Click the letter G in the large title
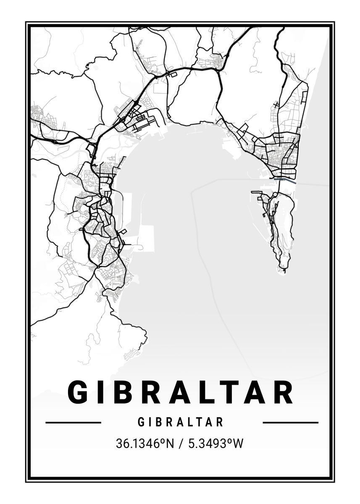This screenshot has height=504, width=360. [79, 392]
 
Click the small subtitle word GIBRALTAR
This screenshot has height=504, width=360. [180, 422]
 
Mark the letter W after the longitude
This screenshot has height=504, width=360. [238, 444]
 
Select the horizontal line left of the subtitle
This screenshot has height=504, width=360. [73, 423]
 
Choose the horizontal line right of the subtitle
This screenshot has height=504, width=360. [290, 423]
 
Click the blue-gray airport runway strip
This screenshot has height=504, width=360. [285, 181]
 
